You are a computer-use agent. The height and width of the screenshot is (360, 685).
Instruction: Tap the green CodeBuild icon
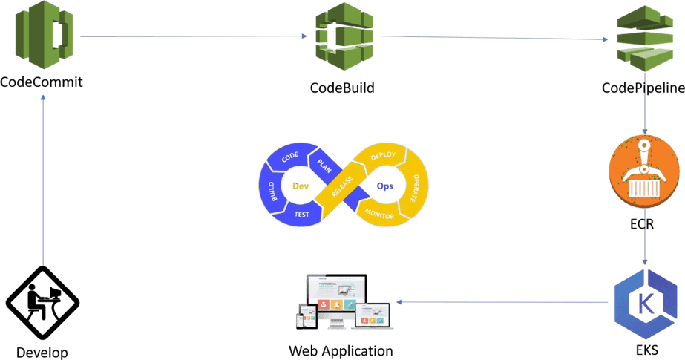tap(342, 36)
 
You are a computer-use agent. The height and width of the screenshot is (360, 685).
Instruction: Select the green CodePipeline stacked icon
tap(643, 37)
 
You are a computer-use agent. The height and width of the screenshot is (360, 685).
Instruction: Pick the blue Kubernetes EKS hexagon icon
tap(643, 303)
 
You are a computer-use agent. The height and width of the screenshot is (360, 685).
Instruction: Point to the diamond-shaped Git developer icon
tap(42, 304)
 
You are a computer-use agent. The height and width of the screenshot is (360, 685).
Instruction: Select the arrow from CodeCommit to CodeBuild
tap(193, 36)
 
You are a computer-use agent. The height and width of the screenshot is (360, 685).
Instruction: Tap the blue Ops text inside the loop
tap(384, 186)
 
